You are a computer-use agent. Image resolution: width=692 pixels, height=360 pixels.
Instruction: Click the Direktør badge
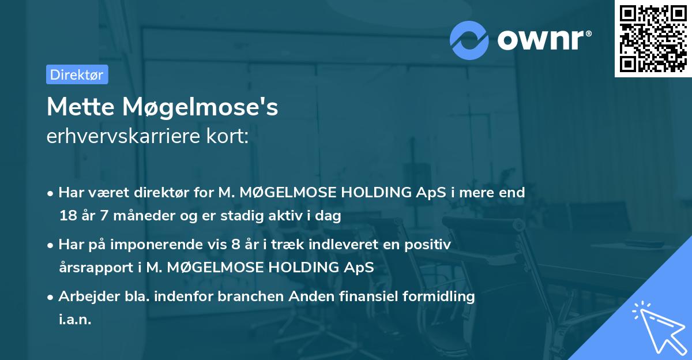(x=77, y=74)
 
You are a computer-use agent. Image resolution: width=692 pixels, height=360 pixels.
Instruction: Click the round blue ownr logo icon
(x=469, y=39)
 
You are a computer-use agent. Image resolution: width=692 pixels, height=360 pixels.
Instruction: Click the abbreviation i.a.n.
(x=75, y=320)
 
